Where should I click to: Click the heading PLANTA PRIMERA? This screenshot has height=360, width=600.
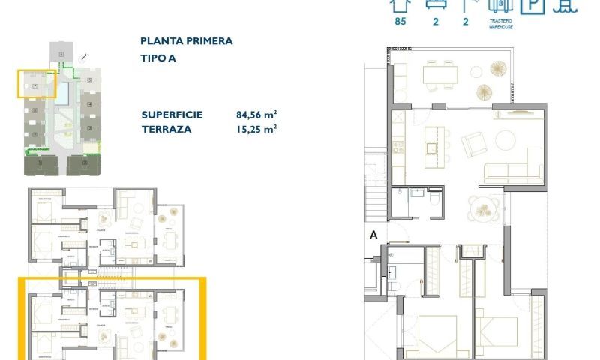pyautogui.click(x=186, y=41)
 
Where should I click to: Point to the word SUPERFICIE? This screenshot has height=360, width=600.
pyautogui.click(x=172, y=115)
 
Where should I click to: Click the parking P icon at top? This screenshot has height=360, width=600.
pyautogui.click(x=532, y=5)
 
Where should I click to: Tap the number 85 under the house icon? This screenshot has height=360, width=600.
pyautogui.click(x=400, y=22)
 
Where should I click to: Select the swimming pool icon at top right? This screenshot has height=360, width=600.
pyautogui.click(x=565, y=5)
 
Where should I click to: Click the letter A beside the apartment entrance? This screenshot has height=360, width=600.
pyautogui.click(x=373, y=235)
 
